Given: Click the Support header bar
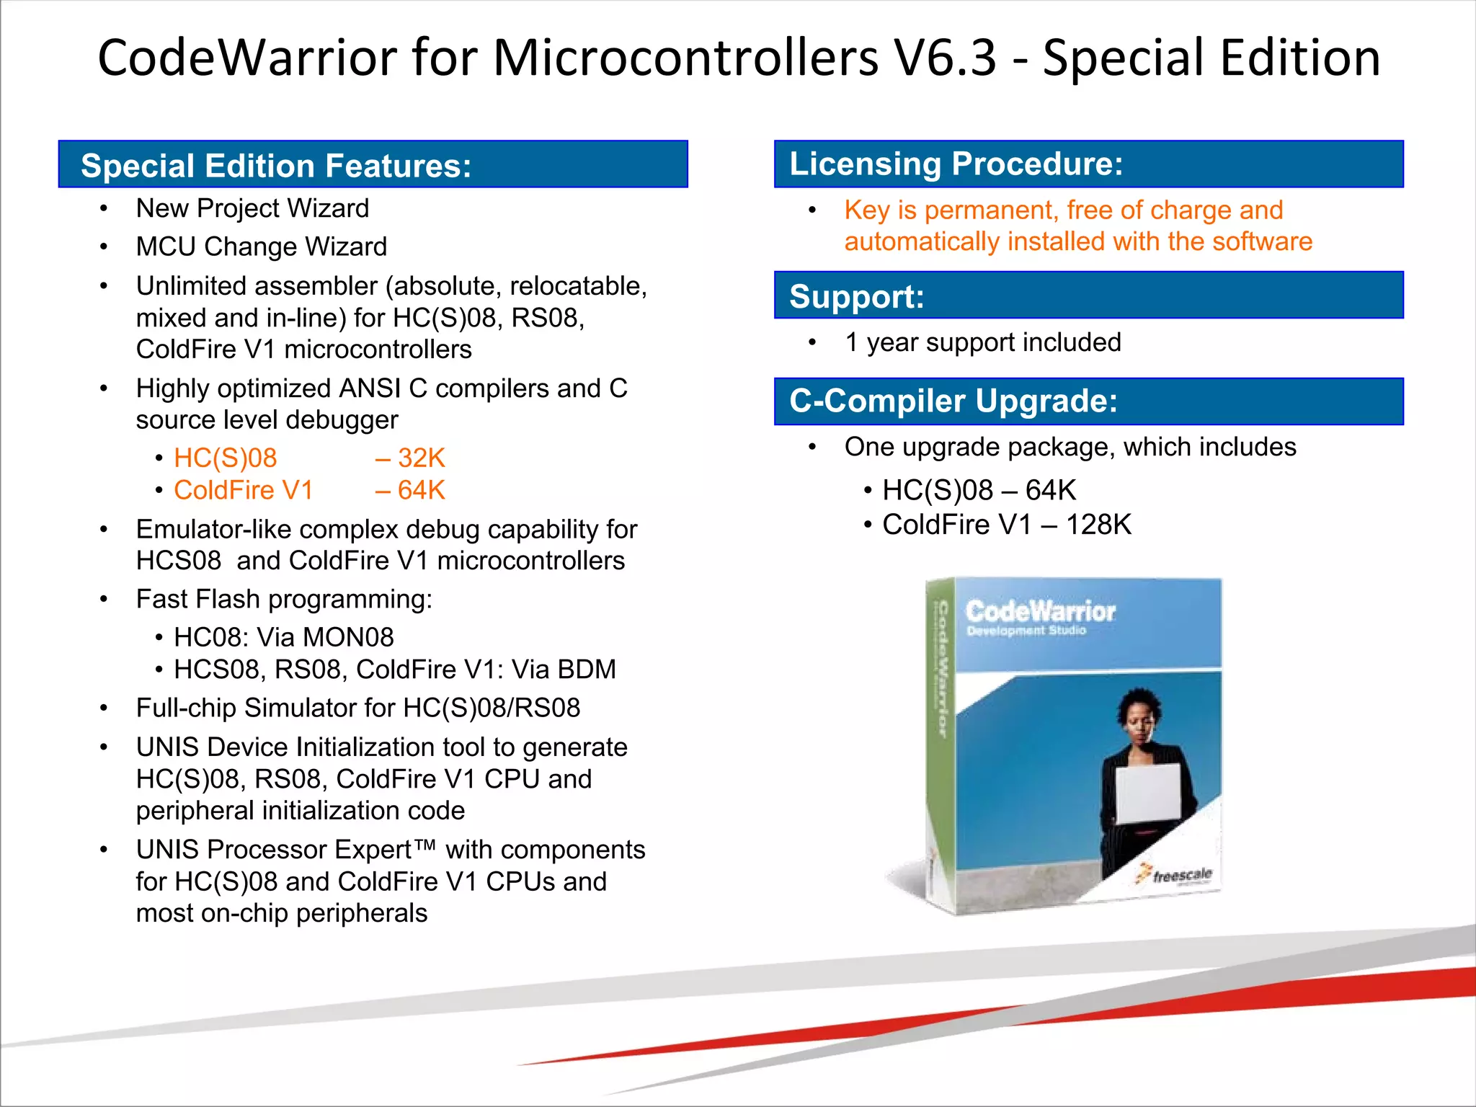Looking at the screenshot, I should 1088,295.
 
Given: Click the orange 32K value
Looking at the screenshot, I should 421,458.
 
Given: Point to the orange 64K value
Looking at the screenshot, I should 421,491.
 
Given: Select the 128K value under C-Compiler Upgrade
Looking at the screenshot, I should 1098,525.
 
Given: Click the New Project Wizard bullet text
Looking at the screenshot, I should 252,209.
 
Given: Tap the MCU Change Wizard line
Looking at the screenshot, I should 261,247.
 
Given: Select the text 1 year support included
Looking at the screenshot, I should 982,342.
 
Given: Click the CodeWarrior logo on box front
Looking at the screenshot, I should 1040,613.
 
